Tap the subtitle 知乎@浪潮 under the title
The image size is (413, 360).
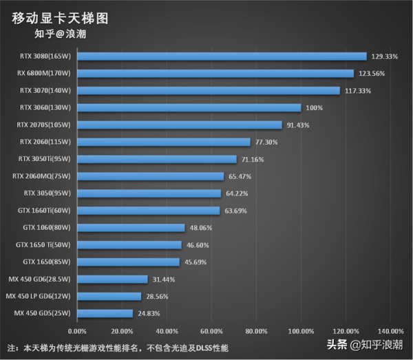point(60,33)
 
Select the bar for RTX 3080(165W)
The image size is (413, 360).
point(222,56)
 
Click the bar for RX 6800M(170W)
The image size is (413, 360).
point(215,73)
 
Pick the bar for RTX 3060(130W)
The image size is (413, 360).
point(189,107)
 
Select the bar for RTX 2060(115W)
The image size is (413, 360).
point(164,142)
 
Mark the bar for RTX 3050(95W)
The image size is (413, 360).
point(149,193)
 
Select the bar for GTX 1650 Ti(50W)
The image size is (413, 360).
point(129,244)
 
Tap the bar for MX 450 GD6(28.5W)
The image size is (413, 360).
point(113,279)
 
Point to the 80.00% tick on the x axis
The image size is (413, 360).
point(256,331)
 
